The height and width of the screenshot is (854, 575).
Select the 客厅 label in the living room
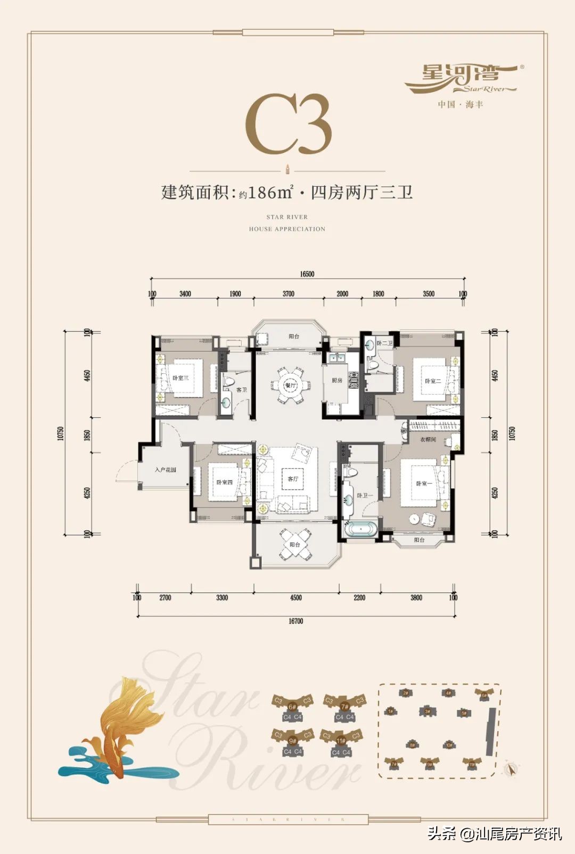[293, 479]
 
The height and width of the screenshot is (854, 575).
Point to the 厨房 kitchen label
[337, 381]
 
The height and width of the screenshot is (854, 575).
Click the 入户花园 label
[166, 470]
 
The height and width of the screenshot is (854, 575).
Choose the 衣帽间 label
[428, 440]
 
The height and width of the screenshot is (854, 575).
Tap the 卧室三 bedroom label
[180, 378]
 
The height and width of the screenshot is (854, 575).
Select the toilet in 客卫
[229, 382]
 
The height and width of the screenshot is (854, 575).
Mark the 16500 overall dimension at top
[307, 274]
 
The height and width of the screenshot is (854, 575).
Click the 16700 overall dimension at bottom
[295, 621]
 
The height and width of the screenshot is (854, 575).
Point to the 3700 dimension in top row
[288, 294]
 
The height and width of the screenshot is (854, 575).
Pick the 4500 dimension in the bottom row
[296, 598]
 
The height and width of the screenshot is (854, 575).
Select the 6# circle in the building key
[292, 707]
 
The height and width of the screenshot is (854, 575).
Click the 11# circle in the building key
[341, 741]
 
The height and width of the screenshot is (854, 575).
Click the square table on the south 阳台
[294, 545]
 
